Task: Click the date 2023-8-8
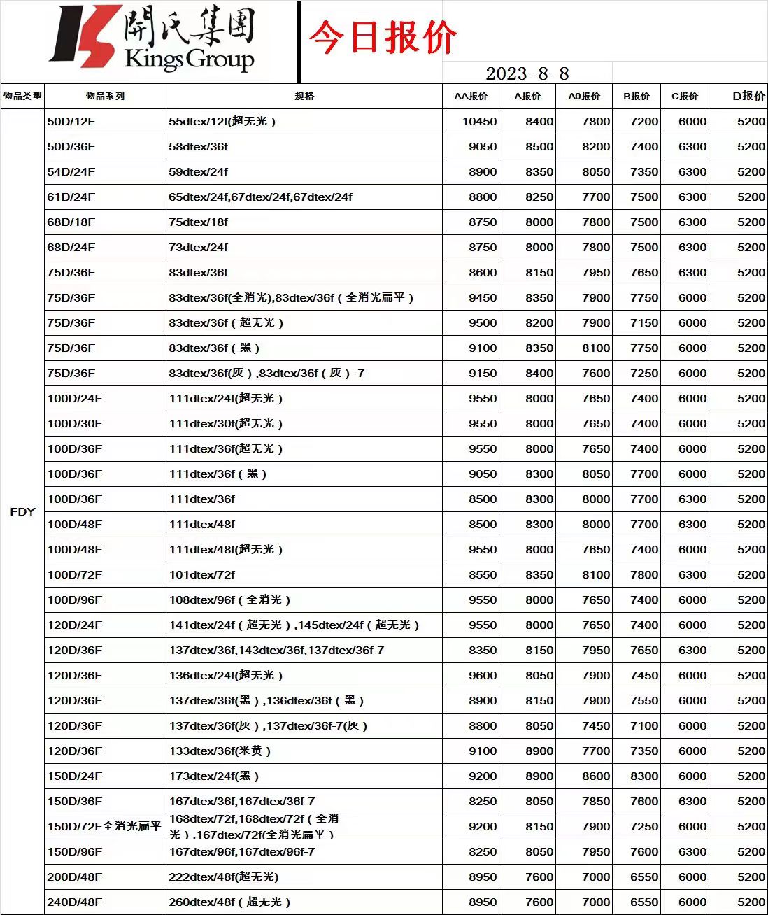tap(527, 73)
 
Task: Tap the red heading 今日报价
tap(383, 37)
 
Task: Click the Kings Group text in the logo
tap(189, 59)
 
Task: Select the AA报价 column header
tap(471, 96)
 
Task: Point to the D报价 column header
tap(748, 96)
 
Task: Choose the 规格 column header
tap(304, 96)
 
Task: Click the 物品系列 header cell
tap(105, 96)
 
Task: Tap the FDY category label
tap(22, 511)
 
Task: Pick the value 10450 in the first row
tap(479, 121)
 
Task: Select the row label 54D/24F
tap(71, 171)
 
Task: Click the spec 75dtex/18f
tap(198, 222)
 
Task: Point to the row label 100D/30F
tap(74, 423)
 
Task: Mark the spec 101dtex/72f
tap(201, 574)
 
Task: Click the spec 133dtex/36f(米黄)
tap(220, 751)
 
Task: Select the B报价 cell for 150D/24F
tap(643, 776)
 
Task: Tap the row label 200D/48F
tap(74, 877)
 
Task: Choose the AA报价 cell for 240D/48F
tap(483, 902)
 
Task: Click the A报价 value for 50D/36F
tap(539, 146)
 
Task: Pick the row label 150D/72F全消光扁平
tap(104, 826)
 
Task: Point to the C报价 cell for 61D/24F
tap(692, 197)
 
